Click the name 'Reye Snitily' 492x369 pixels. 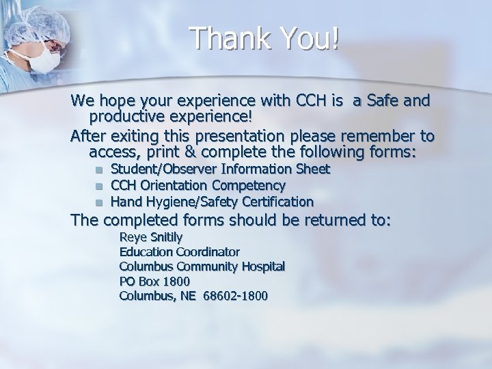click(151, 237)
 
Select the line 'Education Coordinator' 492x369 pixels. click(179, 251)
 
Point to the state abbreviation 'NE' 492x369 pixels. click(189, 296)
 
